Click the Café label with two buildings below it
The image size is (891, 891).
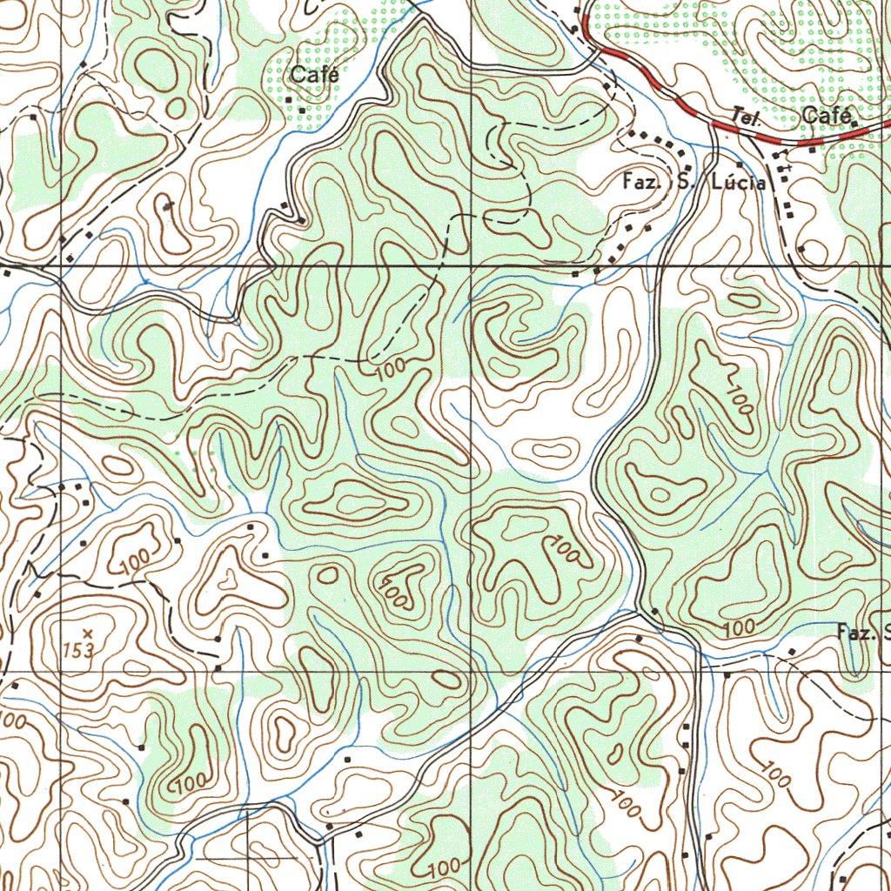pos(314,75)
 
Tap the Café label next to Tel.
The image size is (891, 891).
pos(831,116)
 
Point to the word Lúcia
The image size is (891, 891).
pos(739,183)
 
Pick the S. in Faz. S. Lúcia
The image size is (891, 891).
pos(687,183)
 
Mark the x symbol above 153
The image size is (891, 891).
pos(86,633)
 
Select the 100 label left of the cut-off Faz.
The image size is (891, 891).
pos(738,627)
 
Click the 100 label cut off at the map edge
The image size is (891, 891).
pos(10,720)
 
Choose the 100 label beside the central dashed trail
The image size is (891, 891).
pos(392,370)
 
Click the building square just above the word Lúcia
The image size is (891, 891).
pos(740,164)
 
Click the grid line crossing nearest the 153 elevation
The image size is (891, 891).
pos(61,671)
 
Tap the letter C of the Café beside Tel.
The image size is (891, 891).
pos(811,116)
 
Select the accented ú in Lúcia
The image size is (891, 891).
pos(728,183)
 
